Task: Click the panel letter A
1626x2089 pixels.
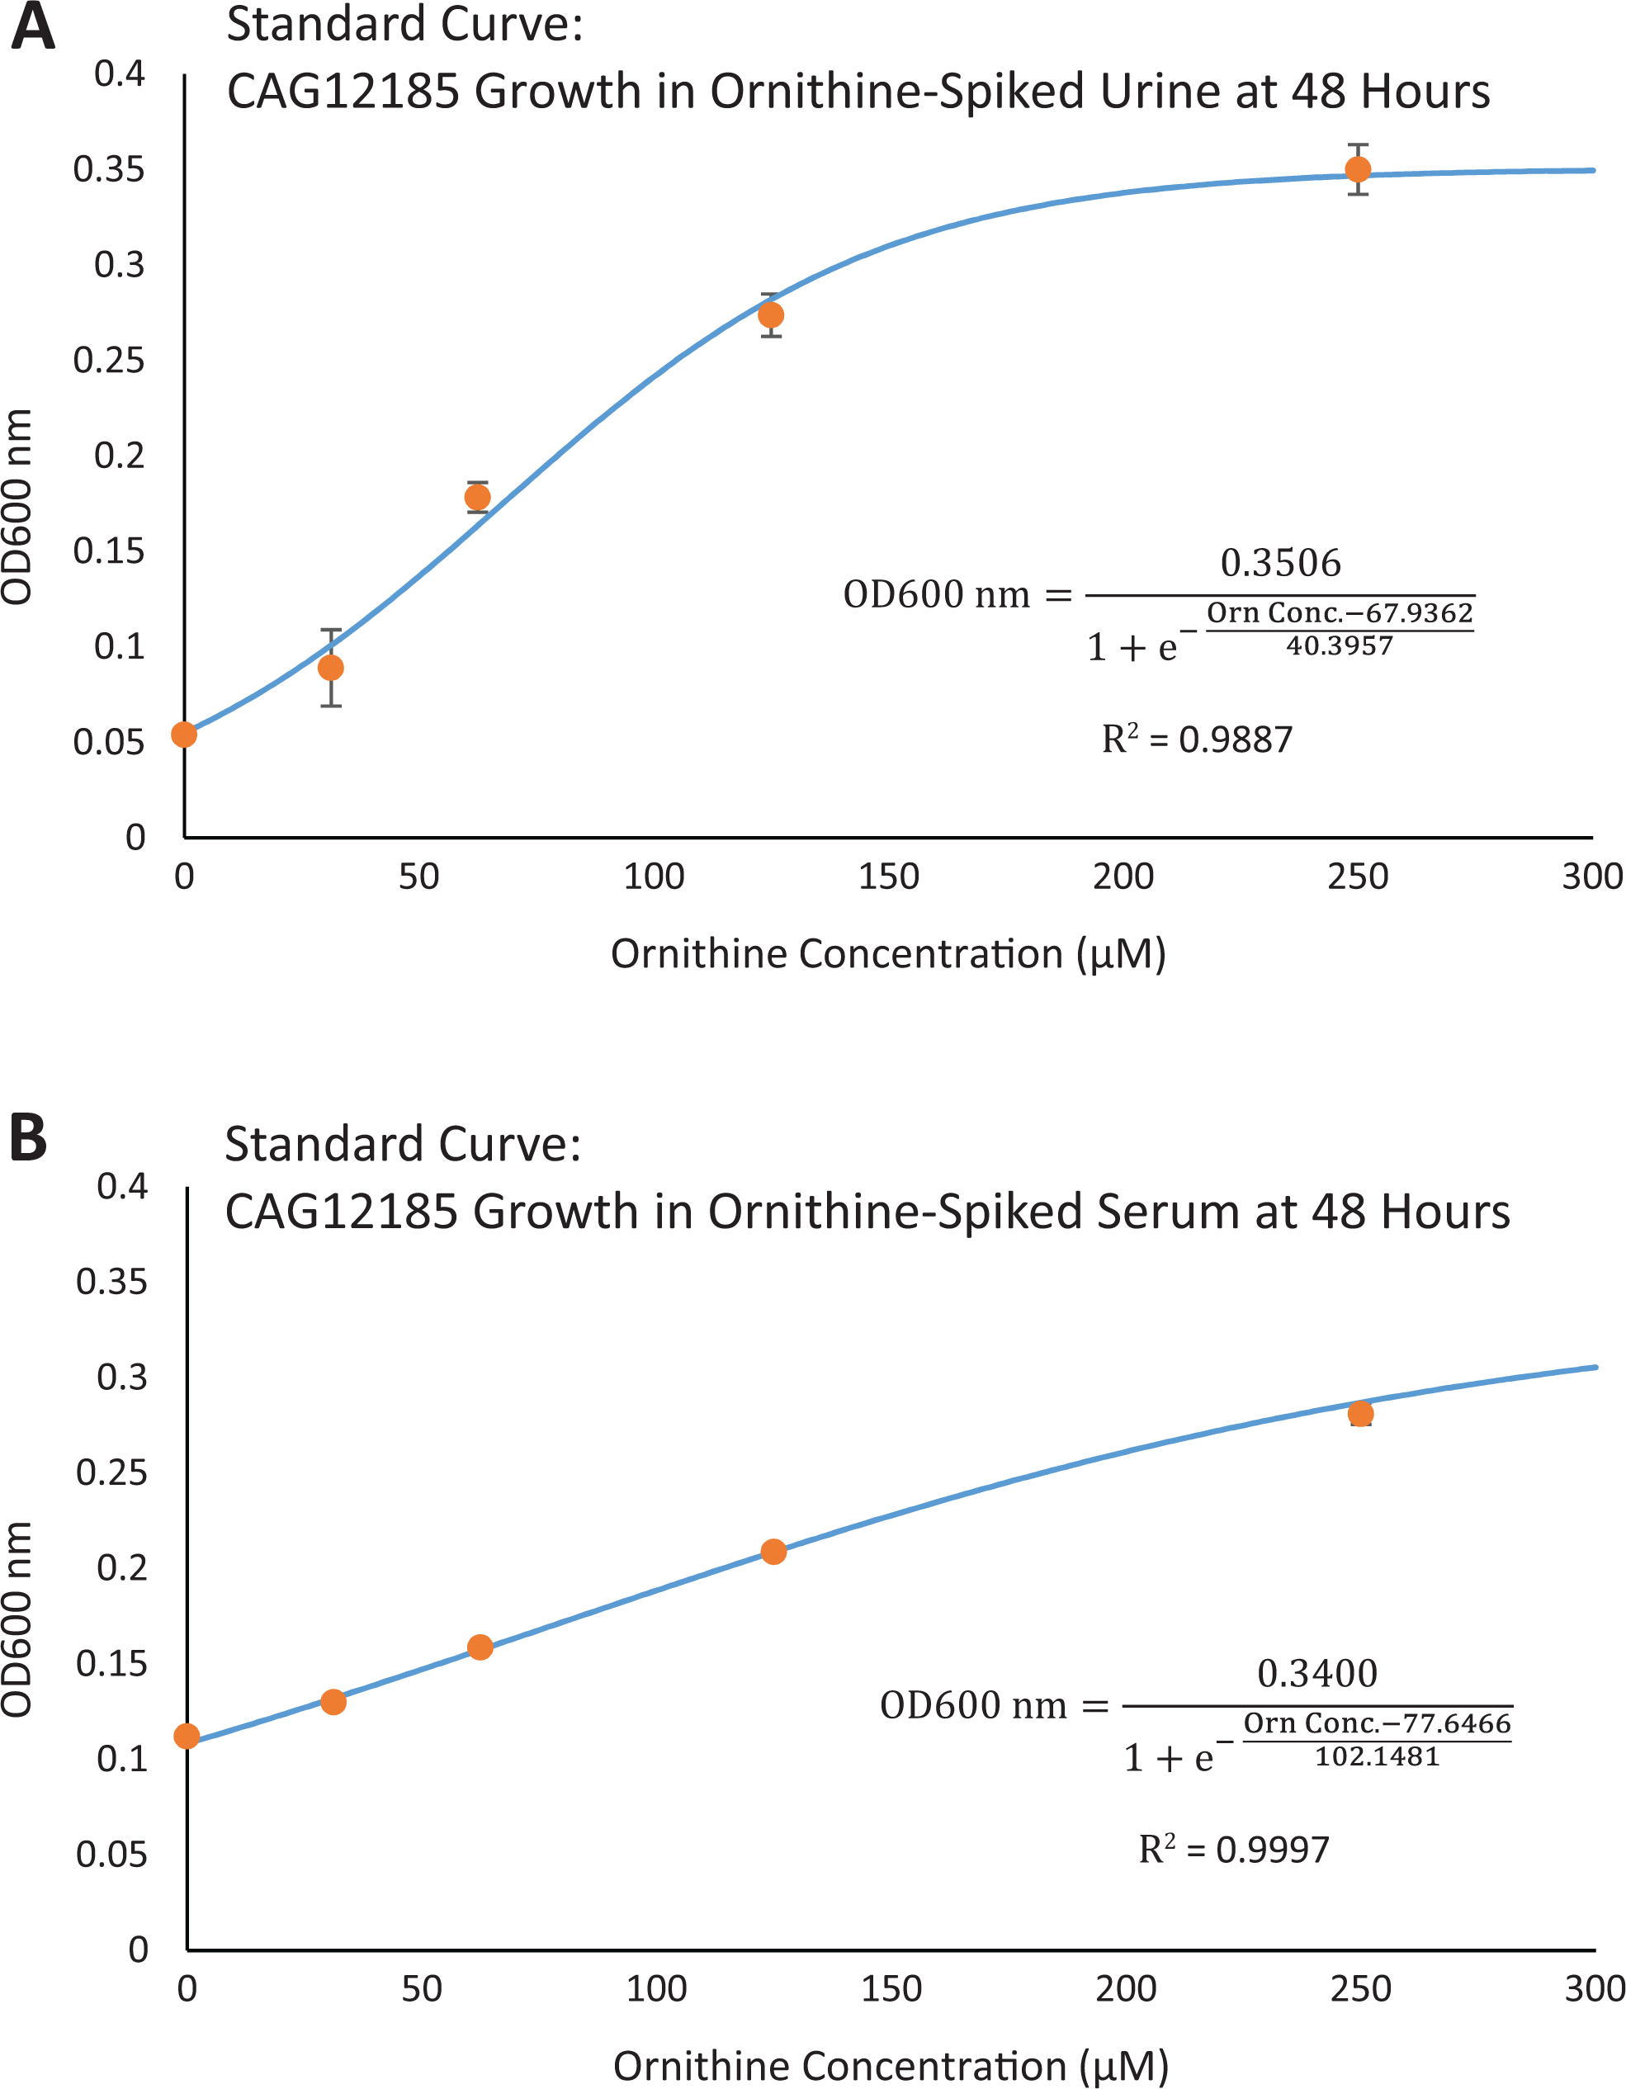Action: [x=32, y=26]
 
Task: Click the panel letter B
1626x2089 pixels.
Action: [x=29, y=1137]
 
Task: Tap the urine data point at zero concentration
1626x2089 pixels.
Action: [x=183, y=735]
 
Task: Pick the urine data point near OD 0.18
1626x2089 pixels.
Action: [x=477, y=498]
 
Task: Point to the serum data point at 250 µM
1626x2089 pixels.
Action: [x=1360, y=1414]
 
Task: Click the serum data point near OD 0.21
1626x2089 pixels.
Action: [x=773, y=1552]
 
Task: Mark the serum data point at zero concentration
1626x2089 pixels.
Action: [x=187, y=1736]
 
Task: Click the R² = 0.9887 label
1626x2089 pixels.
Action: [x=1197, y=739]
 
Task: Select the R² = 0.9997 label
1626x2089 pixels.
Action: [x=1234, y=1849]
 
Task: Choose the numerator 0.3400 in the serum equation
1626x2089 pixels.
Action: [x=1317, y=1673]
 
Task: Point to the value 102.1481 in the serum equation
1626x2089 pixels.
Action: [x=1378, y=1756]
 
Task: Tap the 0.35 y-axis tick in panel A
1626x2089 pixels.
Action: [x=109, y=169]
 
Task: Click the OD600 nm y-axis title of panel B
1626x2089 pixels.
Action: [x=17, y=1619]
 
